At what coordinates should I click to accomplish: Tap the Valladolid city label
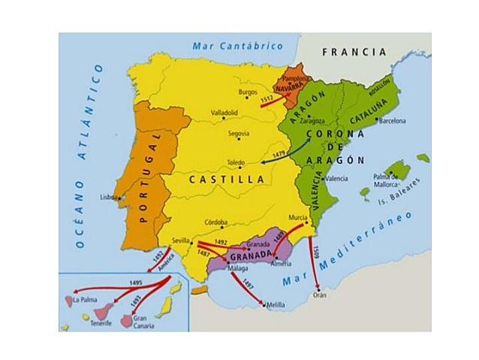point(224,113)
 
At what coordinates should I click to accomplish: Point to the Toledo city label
point(236,162)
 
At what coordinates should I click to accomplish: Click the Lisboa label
point(109,198)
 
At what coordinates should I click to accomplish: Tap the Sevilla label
point(180,241)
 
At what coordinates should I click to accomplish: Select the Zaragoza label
point(312,120)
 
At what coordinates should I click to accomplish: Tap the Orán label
point(321,295)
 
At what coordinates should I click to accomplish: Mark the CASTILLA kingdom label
point(226,180)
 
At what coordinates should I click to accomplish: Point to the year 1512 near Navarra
point(265,98)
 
